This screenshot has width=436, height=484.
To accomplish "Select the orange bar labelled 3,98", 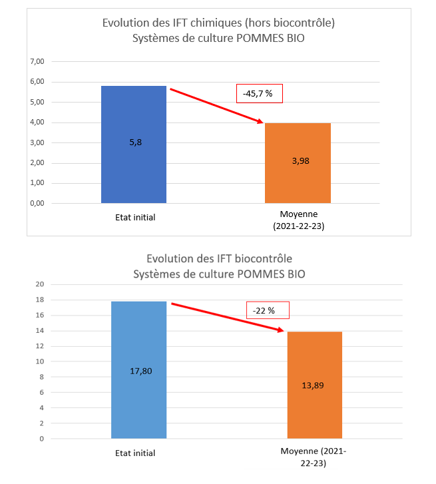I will tap(298, 163).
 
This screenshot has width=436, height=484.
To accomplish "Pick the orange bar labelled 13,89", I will tap(315, 385).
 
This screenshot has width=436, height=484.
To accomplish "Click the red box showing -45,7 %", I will tap(260, 94).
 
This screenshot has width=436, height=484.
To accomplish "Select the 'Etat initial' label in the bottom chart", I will tap(134, 453).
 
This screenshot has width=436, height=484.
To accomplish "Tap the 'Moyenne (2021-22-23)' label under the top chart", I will tap(299, 220).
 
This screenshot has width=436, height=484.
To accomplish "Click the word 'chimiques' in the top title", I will tap(199, 23).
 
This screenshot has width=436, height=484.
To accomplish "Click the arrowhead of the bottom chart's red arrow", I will tap(282, 331).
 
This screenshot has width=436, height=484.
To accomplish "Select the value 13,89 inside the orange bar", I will tap(315, 385).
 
